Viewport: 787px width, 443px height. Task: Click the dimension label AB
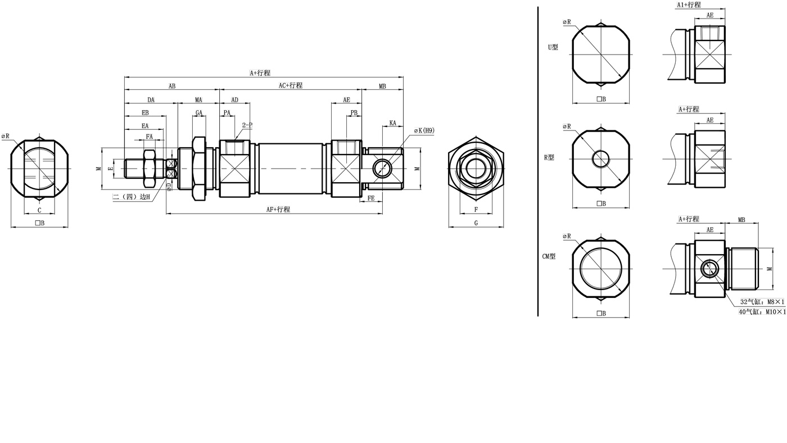[172, 86]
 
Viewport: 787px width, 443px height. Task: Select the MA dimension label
[198, 100]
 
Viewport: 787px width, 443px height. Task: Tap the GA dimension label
[199, 113]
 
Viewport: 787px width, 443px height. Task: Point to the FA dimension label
[150, 136]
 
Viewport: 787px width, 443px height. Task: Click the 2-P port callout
[247, 125]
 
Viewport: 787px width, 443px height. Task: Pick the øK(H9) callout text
[424, 130]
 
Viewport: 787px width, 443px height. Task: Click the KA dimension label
[392, 123]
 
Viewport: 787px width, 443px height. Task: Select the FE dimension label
[371, 198]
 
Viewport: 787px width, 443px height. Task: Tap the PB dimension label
[354, 112]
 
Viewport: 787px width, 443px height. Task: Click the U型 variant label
[553, 47]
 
